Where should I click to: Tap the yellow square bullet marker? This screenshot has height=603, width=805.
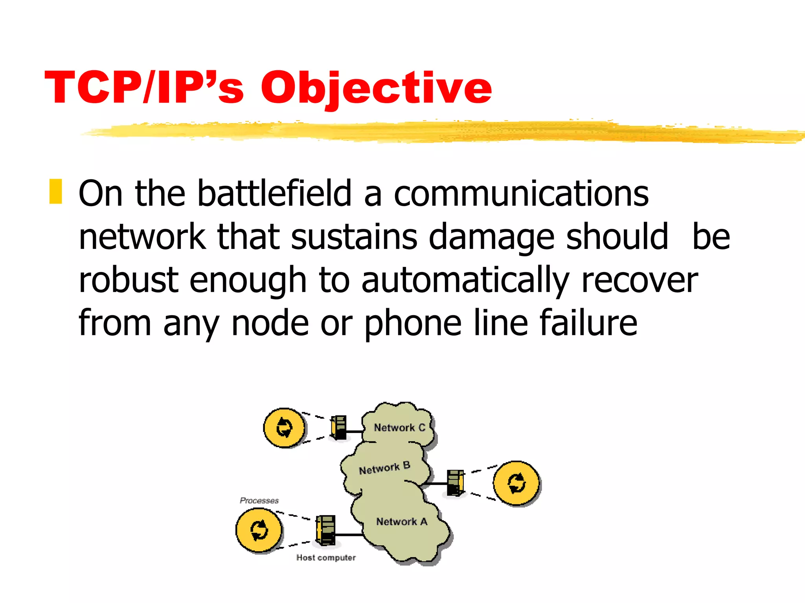click(55, 192)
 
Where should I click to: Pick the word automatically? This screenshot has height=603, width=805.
click(465, 280)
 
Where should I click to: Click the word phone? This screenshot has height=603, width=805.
click(413, 323)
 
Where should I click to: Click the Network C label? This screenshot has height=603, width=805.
click(399, 428)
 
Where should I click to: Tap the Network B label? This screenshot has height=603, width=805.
click(384, 468)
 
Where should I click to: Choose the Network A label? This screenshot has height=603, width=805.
click(401, 521)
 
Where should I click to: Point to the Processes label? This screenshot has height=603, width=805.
click(259, 501)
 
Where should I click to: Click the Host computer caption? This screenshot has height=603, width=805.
click(326, 557)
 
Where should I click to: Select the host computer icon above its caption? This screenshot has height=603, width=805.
click(326, 530)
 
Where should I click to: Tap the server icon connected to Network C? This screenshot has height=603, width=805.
click(339, 428)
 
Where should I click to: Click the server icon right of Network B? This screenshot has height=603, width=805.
click(456, 482)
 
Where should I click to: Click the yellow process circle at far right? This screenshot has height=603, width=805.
click(516, 483)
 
